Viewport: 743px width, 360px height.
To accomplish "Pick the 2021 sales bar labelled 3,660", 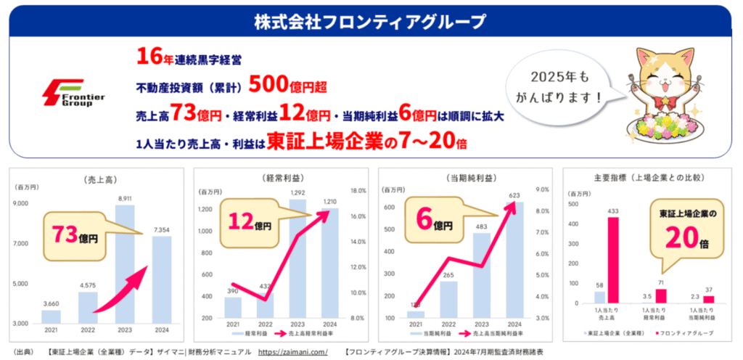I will coord(52,316).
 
